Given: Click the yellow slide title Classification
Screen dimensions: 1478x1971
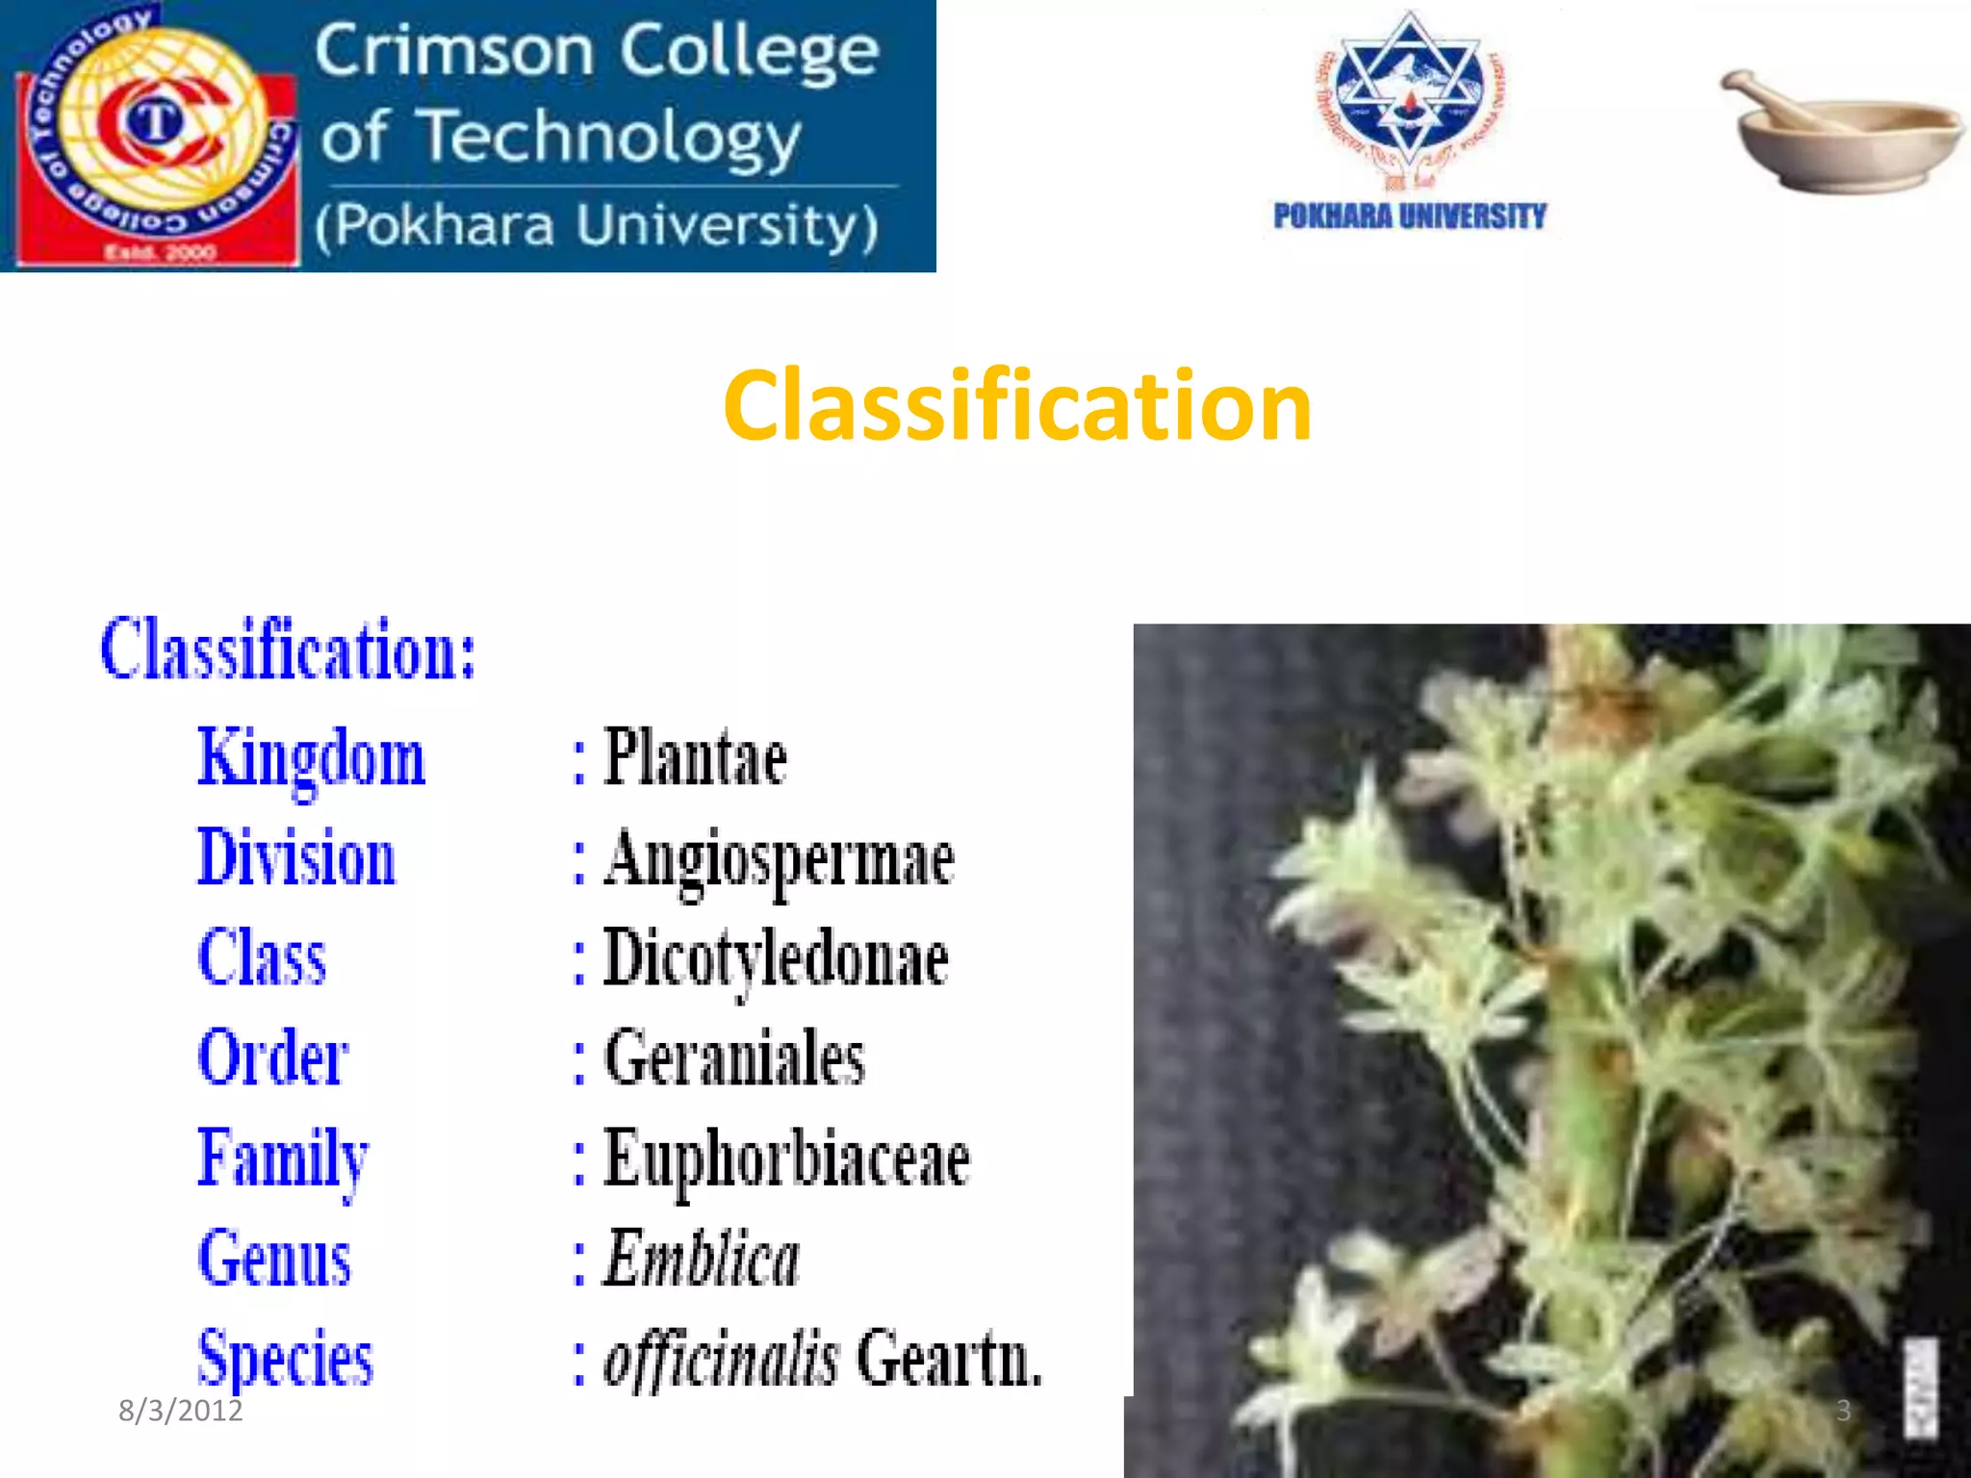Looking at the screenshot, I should (1017, 407).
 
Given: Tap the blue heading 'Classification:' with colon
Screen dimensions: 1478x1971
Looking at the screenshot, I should (288, 650).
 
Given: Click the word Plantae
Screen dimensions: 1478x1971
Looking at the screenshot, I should (695, 758).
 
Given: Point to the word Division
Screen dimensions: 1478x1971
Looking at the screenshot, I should (296, 857).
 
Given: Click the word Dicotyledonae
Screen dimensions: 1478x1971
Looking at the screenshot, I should (776, 959).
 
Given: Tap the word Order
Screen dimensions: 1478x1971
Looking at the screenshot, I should (272, 1058).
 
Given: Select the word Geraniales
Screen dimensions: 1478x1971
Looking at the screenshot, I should (734, 1058).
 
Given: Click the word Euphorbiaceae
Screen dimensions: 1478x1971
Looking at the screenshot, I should (786, 1159).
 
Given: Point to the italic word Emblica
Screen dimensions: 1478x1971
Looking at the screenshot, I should (702, 1259).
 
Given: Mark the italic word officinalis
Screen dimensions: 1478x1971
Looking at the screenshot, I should (721, 1359).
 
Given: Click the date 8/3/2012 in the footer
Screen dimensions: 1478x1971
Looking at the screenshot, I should (180, 1411).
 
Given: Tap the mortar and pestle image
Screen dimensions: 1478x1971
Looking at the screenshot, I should (1840, 132).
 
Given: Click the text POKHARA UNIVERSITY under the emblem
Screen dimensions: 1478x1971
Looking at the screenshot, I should (1409, 217).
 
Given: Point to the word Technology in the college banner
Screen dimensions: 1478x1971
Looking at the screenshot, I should (612, 138).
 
